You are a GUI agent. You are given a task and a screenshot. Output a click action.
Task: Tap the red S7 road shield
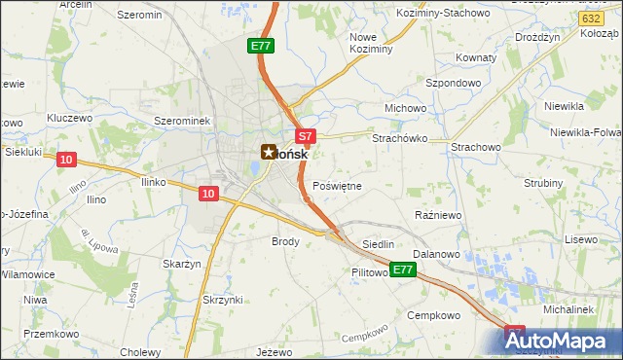(305, 138)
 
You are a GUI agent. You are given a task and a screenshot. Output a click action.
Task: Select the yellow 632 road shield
(589, 18)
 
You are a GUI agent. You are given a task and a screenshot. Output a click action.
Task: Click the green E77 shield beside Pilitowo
(404, 270)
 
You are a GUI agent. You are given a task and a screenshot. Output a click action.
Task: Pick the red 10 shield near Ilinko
(207, 194)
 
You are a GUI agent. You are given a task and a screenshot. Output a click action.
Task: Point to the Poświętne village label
(338, 186)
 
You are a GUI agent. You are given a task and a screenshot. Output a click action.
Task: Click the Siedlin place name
(378, 244)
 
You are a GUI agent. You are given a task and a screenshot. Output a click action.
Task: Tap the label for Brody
(285, 241)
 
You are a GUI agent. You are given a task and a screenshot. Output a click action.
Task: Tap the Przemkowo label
(51, 332)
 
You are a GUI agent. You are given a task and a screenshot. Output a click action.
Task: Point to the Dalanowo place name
(435, 254)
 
